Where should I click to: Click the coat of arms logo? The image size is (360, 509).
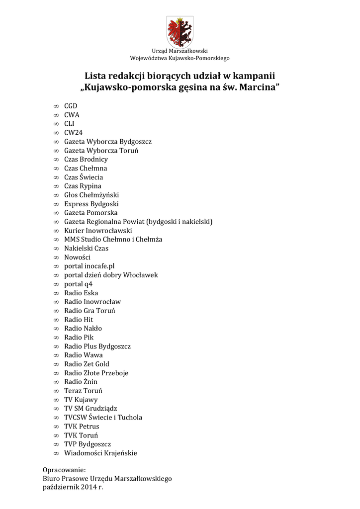click(180, 31)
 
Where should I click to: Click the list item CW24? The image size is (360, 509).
click(73, 133)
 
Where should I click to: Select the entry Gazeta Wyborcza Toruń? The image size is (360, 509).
click(101, 151)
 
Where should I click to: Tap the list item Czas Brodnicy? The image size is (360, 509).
click(86, 160)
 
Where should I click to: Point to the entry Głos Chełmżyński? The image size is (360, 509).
click(91, 195)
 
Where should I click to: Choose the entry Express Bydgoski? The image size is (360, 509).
click(91, 204)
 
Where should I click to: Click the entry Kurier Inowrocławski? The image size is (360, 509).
click(98, 231)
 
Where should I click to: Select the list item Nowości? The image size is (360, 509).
click(77, 257)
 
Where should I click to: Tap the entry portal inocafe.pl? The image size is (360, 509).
click(89, 266)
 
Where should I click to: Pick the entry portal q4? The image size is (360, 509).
click(78, 284)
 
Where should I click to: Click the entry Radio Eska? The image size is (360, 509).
click(81, 293)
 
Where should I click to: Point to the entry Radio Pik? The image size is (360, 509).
click(79, 338)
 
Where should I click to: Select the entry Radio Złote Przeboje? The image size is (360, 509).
click(96, 373)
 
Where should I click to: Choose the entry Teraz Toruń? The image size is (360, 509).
click(83, 391)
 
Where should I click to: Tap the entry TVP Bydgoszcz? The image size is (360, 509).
click(88, 444)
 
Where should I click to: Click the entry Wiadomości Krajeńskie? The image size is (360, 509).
click(100, 453)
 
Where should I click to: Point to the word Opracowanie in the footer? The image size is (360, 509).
click(64, 470)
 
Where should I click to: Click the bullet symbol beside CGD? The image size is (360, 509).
click(56, 106)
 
